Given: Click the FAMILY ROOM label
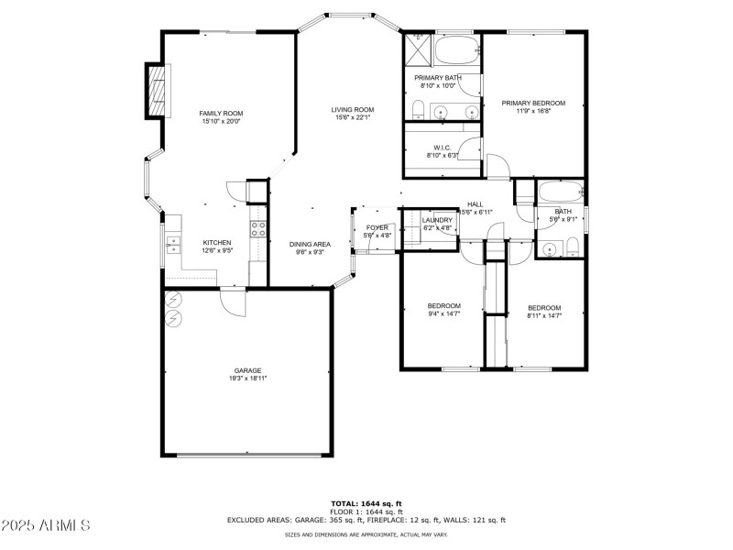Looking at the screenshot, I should (x=221, y=114).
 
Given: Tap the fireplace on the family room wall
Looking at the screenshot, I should (x=157, y=91).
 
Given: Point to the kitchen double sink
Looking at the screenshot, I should (x=172, y=243).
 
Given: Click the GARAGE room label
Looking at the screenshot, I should (x=247, y=370).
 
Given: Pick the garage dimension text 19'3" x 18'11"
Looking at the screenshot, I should (x=247, y=379).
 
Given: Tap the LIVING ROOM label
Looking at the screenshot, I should (x=353, y=110).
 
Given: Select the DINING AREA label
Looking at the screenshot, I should (x=310, y=244).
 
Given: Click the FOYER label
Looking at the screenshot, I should (x=377, y=227).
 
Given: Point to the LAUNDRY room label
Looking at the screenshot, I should (x=437, y=220).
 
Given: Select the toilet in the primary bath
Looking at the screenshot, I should (x=417, y=111).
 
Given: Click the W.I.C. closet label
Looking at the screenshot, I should (x=442, y=148).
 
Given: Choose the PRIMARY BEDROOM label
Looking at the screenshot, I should (x=533, y=103).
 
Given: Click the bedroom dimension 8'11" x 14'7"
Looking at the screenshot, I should (x=544, y=315).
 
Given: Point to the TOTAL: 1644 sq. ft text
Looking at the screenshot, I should (x=366, y=503).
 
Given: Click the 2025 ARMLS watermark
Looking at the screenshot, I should (x=46, y=526).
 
